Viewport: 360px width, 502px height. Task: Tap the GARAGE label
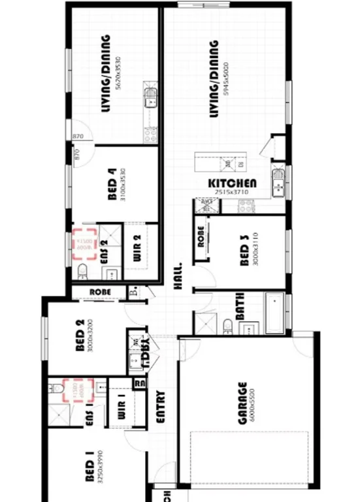242,403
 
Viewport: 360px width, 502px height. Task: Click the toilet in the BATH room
226,324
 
